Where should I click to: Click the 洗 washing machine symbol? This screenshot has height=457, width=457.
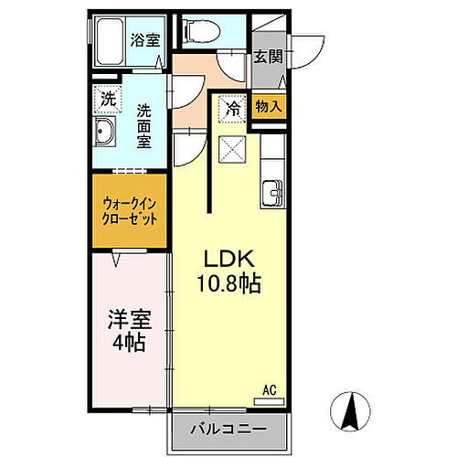pos(107,96)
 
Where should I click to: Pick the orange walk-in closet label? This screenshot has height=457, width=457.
pos(129,212)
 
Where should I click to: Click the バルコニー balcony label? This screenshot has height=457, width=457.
pos(228,429)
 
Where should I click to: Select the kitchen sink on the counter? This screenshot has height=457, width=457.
pos(271,193)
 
